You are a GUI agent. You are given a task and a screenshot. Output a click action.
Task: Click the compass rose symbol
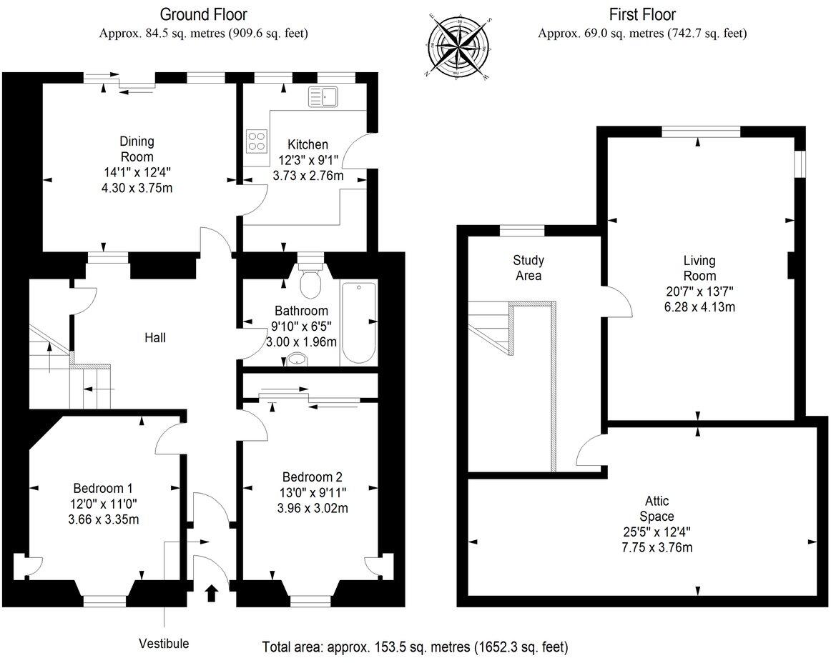coord(458,44)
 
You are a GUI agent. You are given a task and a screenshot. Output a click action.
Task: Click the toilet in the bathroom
coord(310,281)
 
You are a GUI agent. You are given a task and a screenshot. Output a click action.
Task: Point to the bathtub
coord(358,323)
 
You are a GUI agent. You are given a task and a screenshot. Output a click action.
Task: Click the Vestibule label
coord(164,644)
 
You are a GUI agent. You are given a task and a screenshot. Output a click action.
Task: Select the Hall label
coord(154,337)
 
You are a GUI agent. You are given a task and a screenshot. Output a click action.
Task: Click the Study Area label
coord(528,268)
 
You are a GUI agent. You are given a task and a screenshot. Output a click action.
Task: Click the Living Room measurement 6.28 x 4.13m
coord(699,307)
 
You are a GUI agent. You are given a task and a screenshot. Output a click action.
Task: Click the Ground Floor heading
coord(205,14)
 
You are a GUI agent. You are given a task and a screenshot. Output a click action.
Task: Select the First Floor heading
coord(642,14)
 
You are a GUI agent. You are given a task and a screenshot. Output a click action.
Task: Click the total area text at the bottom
coord(415,647)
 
